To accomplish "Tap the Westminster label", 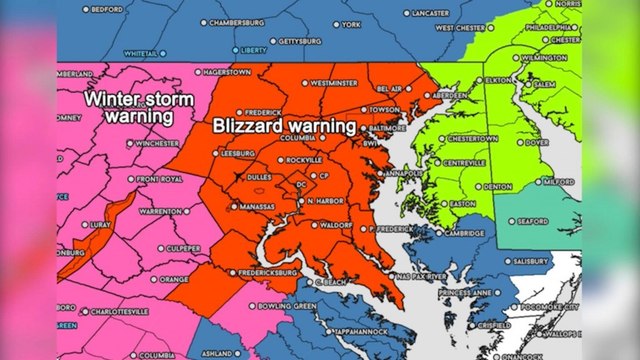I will tap(335, 83).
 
